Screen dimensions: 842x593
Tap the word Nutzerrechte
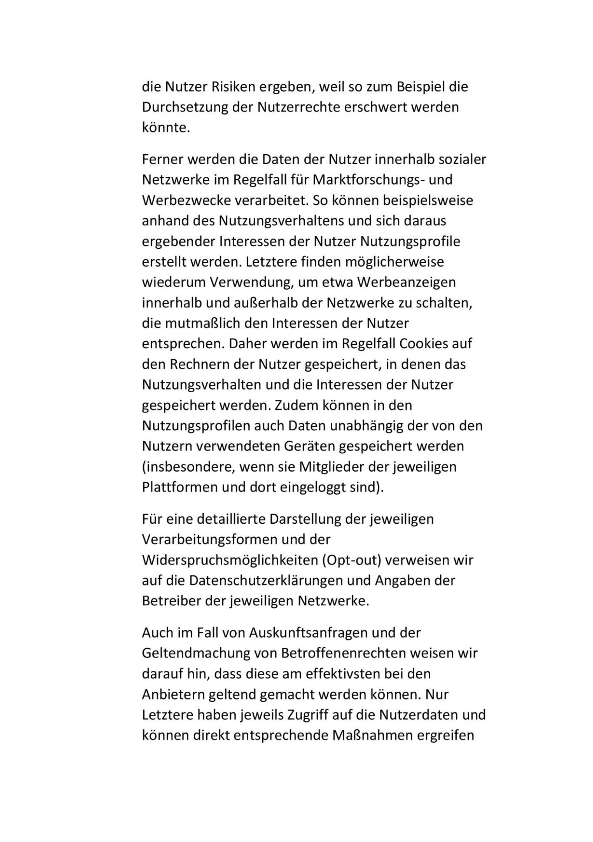299,107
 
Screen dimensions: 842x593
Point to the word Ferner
163,159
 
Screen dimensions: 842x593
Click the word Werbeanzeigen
406,282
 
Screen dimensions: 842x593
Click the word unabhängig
366,426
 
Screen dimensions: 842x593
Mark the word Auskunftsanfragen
310,633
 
